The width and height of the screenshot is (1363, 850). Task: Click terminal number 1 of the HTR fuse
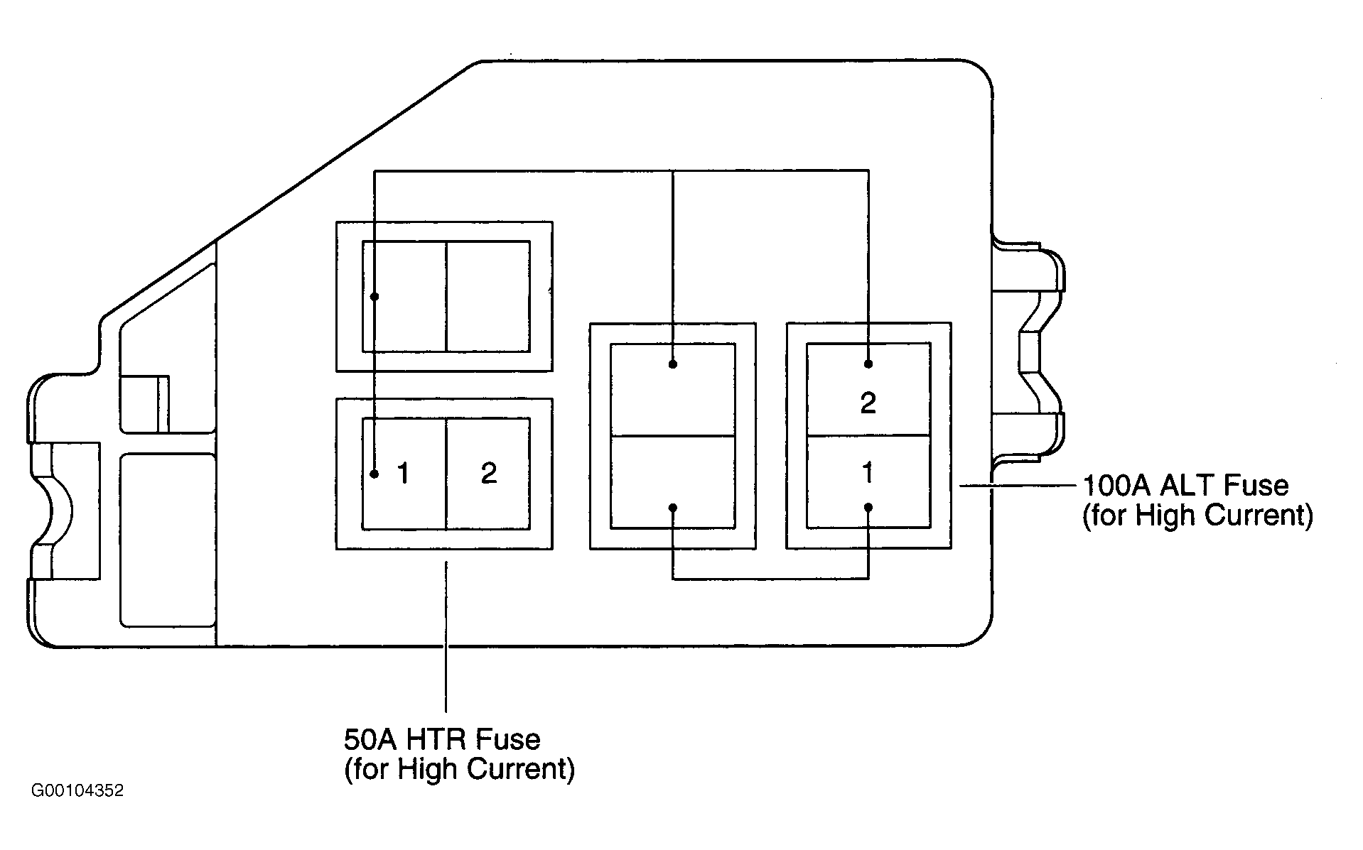404,473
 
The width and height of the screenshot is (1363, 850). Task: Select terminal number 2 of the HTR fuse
488,473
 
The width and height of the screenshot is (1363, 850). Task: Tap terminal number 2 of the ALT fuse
868,389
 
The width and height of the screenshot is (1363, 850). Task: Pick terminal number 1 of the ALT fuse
868,481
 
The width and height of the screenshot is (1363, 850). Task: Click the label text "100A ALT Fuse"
1185,486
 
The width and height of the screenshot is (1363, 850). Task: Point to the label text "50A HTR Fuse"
442,740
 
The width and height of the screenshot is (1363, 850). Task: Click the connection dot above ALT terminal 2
868,364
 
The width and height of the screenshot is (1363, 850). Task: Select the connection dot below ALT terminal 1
868,507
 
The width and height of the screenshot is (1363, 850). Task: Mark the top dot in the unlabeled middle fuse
672,364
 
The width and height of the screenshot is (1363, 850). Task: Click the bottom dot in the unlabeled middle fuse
672,508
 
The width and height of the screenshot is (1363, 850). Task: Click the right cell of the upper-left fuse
488,296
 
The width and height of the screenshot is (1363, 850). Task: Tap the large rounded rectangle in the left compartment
168,540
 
